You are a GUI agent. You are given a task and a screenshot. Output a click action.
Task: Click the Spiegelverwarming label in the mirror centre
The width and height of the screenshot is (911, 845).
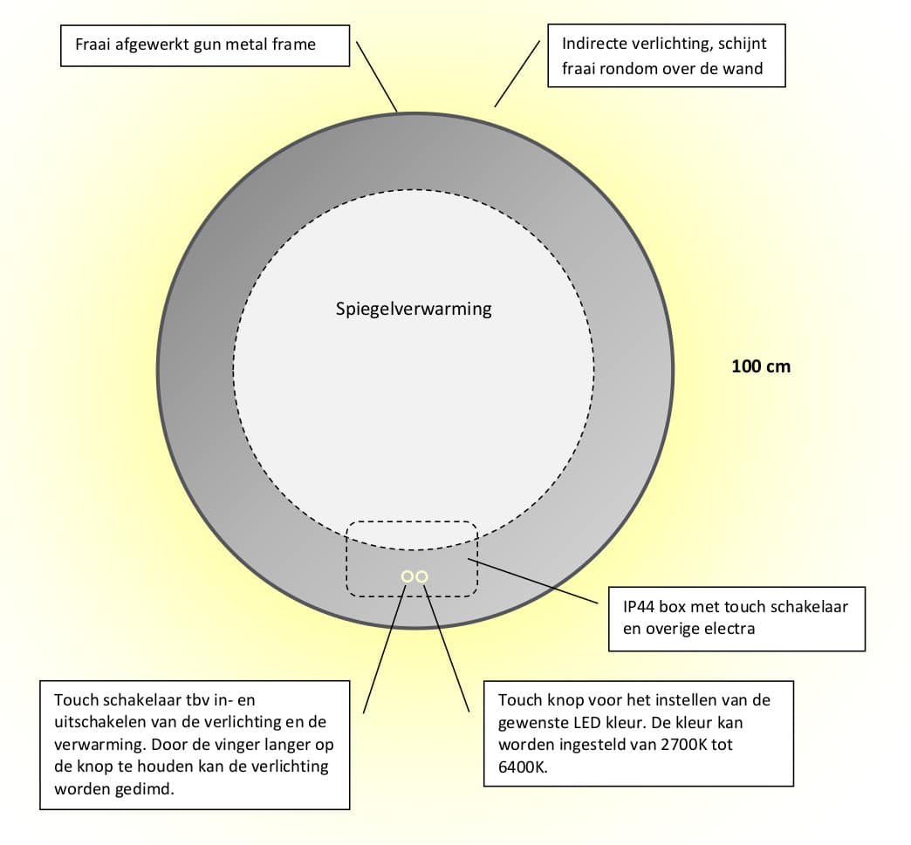click(414, 309)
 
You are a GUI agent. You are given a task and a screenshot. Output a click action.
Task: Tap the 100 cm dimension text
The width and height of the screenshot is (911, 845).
click(761, 366)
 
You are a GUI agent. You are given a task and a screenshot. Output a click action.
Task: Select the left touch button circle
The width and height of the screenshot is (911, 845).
click(408, 576)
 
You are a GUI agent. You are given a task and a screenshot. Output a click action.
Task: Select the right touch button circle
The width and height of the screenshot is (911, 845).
click(422, 576)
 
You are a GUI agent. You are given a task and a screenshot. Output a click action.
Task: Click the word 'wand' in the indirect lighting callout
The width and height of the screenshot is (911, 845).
click(743, 68)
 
